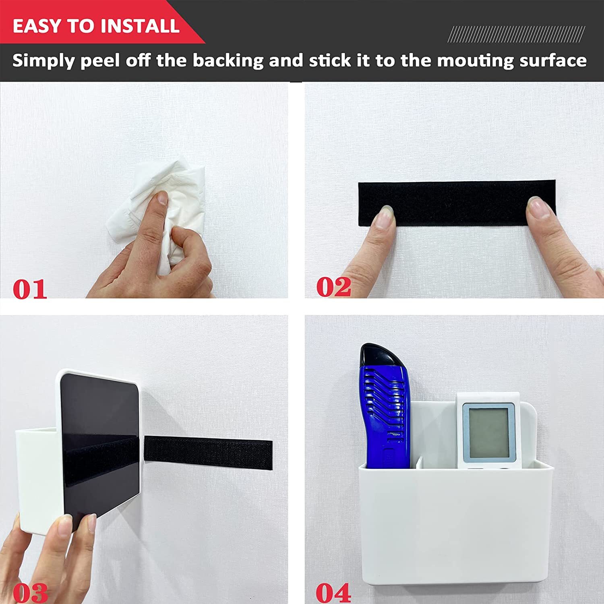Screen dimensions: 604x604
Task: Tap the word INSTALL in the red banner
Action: [x=139, y=26]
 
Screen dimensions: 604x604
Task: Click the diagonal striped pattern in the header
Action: [x=516, y=34]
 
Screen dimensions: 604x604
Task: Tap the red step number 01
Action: [x=29, y=290]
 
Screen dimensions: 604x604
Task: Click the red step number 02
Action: [x=333, y=287]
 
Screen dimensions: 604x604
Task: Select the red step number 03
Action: [x=30, y=593]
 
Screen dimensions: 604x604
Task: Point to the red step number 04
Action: [x=333, y=593]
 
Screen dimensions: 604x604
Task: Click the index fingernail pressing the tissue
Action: [x=162, y=199]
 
